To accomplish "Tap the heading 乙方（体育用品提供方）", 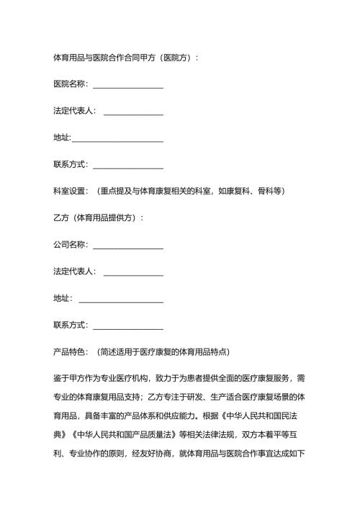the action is click(96, 217).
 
